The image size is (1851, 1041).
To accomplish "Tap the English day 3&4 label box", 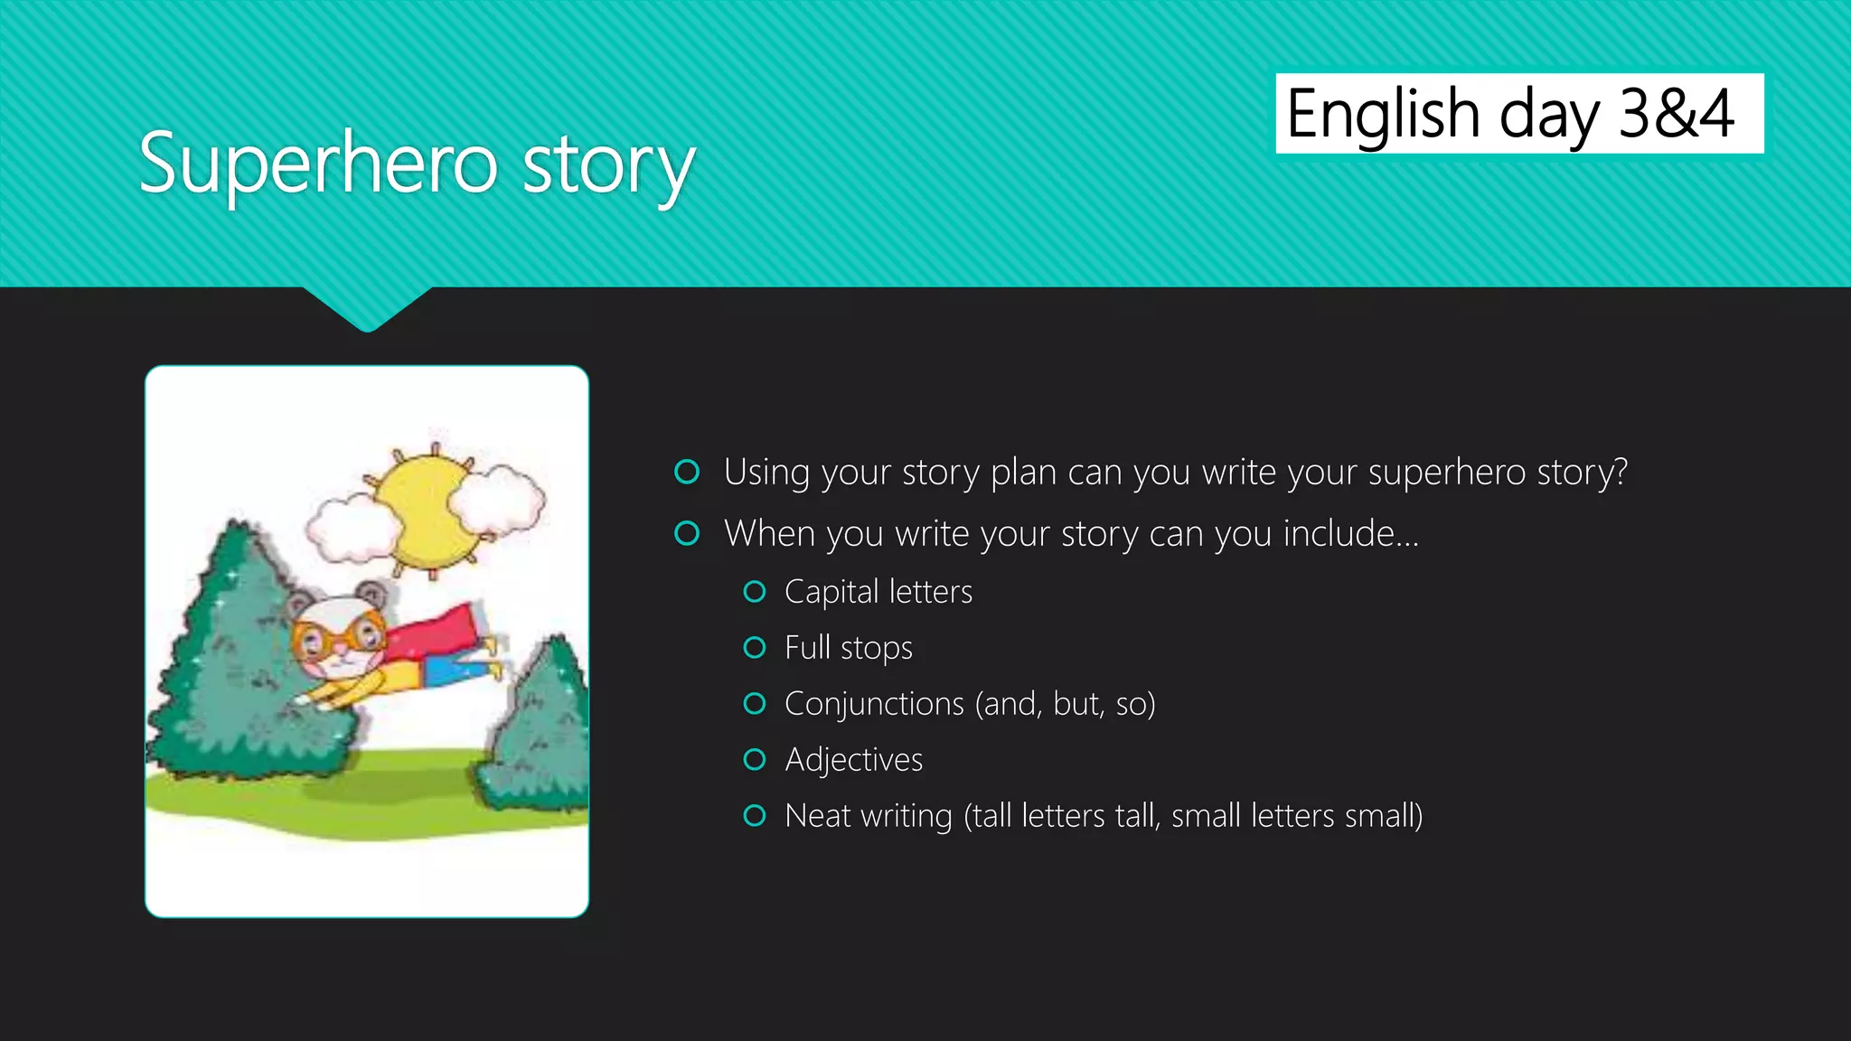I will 1518,114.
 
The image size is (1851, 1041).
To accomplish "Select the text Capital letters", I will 878,592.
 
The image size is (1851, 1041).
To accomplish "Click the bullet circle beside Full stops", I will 754,648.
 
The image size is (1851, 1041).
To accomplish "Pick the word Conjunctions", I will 873,704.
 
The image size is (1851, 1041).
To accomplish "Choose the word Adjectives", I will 853,760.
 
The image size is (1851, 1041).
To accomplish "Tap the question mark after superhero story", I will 1619,472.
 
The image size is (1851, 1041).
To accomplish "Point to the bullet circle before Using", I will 687,472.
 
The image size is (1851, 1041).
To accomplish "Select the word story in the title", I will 608,167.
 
